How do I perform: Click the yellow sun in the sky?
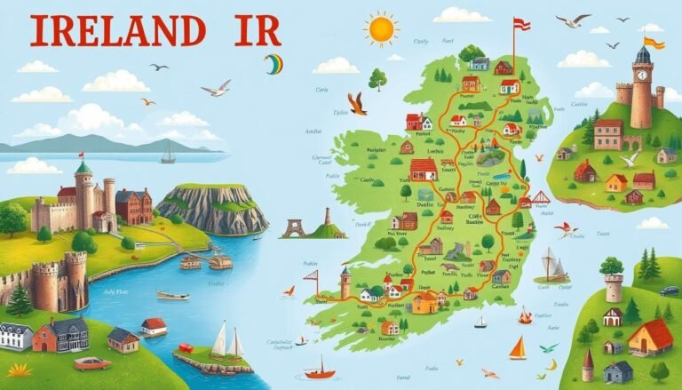381,29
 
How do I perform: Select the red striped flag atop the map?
520,25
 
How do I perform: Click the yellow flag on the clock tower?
654,42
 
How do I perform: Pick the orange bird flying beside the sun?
357,103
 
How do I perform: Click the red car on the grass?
91,362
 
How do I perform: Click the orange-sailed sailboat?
517,348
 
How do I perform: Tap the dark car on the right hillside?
669,291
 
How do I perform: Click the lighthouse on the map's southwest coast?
345,282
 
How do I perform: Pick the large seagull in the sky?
216,87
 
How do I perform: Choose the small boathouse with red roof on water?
154,326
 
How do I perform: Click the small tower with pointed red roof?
587,365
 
